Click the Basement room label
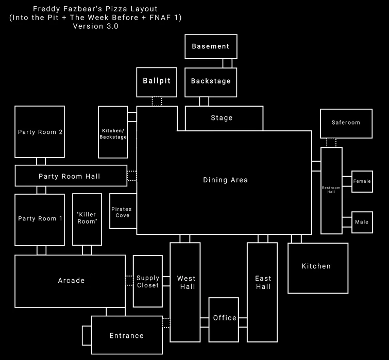pyautogui.click(x=210, y=46)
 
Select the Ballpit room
pyautogui.click(x=157, y=81)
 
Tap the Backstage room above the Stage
pyautogui.click(x=211, y=81)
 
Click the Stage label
pyautogui.click(x=222, y=118)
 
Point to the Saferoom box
pyautogui.click(x=346, y=123)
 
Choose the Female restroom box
pyautogui.click(x=362, y=181)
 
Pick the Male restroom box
pyautogui.click(x=362, y=222)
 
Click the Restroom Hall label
pyautogui.click(x=331, y=190)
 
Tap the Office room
pyautogui.click(x=224, y=318)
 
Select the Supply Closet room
pyautogui.click(x=148, y=282)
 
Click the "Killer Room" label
pyautogui.click(x=87, y=218)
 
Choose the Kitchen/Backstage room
pyautogui.click(x=112, y=133)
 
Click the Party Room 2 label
pyautogui.click(x=40, y=132)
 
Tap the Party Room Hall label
pyautogui.click(x=69, y=177)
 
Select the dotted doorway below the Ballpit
pyautogui.click(x=157, y=101)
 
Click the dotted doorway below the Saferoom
pyautogui.click(x=331, y=143)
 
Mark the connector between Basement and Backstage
pyautogui.click(x=227, y=63)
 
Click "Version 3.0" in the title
pyautogui.click(x=95, y=27)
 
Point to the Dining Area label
pyautogui.click(x=225, y=180)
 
